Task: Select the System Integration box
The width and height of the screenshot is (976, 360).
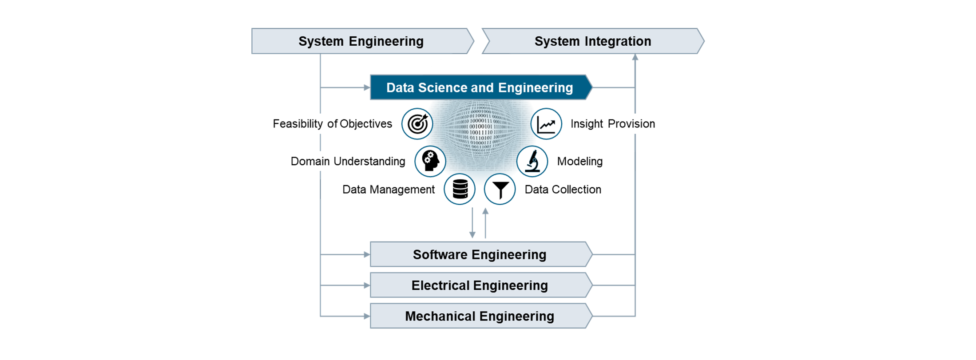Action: (x=593, y=41)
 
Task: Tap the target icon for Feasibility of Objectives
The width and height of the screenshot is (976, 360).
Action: (x=417, y=124)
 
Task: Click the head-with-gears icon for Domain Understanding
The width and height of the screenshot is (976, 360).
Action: (x=430, y=161)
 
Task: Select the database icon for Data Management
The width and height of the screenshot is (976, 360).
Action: (x=460, y=189)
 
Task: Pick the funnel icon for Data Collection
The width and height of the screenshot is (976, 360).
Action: (x=500, y=189)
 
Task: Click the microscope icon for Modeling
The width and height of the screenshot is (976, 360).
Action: (x=532, y=161)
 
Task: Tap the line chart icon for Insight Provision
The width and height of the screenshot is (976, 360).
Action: (x=546, y=124)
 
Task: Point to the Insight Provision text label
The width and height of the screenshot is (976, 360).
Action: (x=613, y=124)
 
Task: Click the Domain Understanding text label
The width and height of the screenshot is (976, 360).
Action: (x=348, y=161)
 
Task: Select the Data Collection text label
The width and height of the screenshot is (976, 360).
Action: (x=563, y=190)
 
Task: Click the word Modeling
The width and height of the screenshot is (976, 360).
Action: (x=580, y=162)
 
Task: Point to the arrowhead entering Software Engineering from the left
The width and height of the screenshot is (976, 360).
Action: (x=367, y=254)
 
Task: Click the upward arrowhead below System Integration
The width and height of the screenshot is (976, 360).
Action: (x=635, y=57)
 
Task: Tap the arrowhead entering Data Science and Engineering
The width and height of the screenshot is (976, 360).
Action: (x=367, y=87)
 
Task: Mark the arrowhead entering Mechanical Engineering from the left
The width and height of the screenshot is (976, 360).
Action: (x=367, y=316)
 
